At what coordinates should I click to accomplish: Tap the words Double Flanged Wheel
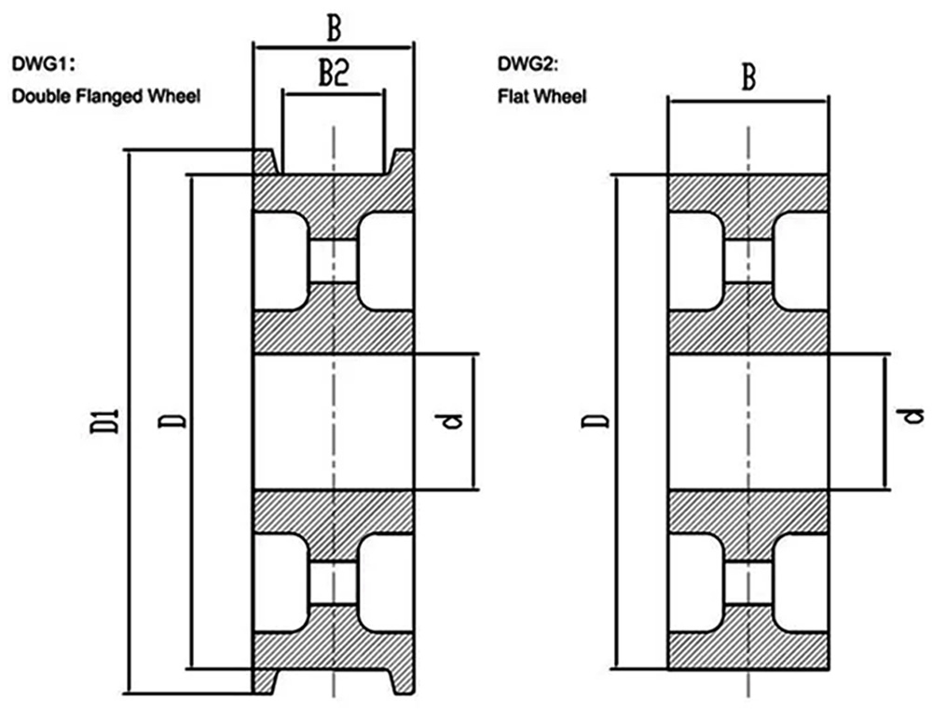click(x=105, y=95)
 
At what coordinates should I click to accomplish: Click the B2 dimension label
click(x=333, y=76)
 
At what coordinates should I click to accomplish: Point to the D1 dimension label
click(x=109, y=420)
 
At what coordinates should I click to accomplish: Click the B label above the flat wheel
click(x=747, y=78)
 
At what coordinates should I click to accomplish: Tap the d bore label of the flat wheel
click(x=915, y=416)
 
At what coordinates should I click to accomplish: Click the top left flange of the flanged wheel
click(x=266, y=161)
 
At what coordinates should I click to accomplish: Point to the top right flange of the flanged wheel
click(x=402, y=161)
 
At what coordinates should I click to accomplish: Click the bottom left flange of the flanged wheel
click(x=266, y=681)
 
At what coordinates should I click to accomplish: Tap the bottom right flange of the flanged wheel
click(x=402, y=681)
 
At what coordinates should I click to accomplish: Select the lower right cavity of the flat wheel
click(x=801, y=583)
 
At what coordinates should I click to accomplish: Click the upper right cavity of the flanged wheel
click(x=385, y=261)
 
